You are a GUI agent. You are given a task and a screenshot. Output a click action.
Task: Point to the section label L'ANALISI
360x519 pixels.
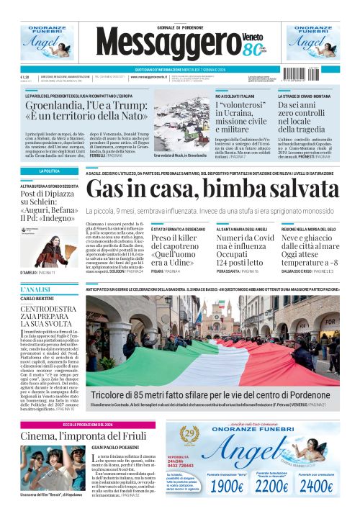pos(35,288)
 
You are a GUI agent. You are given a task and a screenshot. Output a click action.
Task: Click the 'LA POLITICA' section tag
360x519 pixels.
pos(50,171)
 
